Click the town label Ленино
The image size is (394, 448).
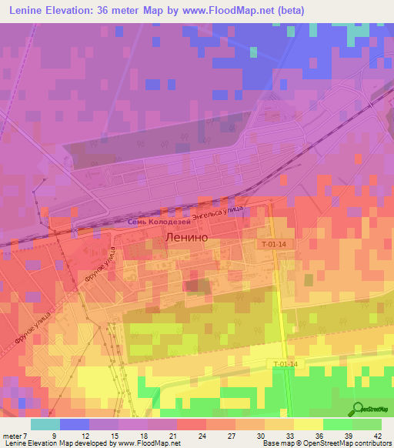[x=186, y=239]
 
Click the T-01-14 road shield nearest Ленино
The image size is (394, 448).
[x=273, y=243]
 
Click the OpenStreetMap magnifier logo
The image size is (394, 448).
[x=358, y=409]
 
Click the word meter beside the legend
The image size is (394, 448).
[x=13, y=435]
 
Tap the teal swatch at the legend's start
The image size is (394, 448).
[x=45, y=424]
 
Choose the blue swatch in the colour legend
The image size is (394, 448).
[x=75, y=424]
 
